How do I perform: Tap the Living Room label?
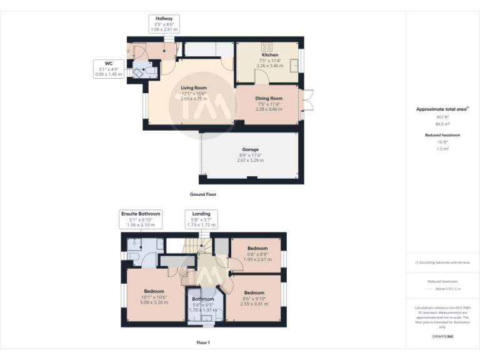click(x=194, y=88)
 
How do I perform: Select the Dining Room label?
click(x=269, y=98)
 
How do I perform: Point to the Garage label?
click(x=251, y=150)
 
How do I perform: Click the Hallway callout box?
click(x=164, y=24)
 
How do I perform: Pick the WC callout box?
click(x=108, y=68)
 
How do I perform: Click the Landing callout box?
click(x=201, y=219)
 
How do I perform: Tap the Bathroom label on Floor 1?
click(x=202, y=299)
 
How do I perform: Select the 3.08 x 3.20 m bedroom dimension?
click(x=154, y=302)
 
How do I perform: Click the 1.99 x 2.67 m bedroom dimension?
click(x=257, y=259)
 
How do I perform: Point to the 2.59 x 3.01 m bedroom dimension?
click(x=254, y=303)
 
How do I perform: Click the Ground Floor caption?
click(x=203, y=194)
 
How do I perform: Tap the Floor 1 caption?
click(x=203, y=343)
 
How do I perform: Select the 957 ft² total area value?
click(x=442, y=117)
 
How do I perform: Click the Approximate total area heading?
click(x=442, y=109)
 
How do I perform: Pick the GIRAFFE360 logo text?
click(x=442, y=337)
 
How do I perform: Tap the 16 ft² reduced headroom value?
click(x=442, y=142)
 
